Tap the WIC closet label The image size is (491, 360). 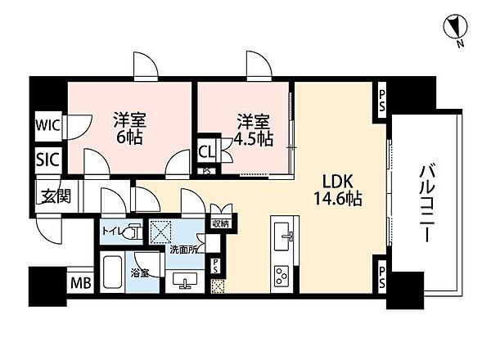pos(46,127)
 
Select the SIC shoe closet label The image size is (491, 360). pos(46,160)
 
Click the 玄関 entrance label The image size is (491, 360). pos(51,196)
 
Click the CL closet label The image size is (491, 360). pos(208,151)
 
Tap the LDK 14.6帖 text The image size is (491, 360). pos(336,189)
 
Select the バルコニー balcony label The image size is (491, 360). pos(428,201)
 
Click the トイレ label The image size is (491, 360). pos(112,232)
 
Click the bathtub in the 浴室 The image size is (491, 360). pos(114,271)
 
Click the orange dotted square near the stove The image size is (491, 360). pos(218,286)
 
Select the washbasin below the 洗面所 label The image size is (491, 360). pos(185,280)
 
